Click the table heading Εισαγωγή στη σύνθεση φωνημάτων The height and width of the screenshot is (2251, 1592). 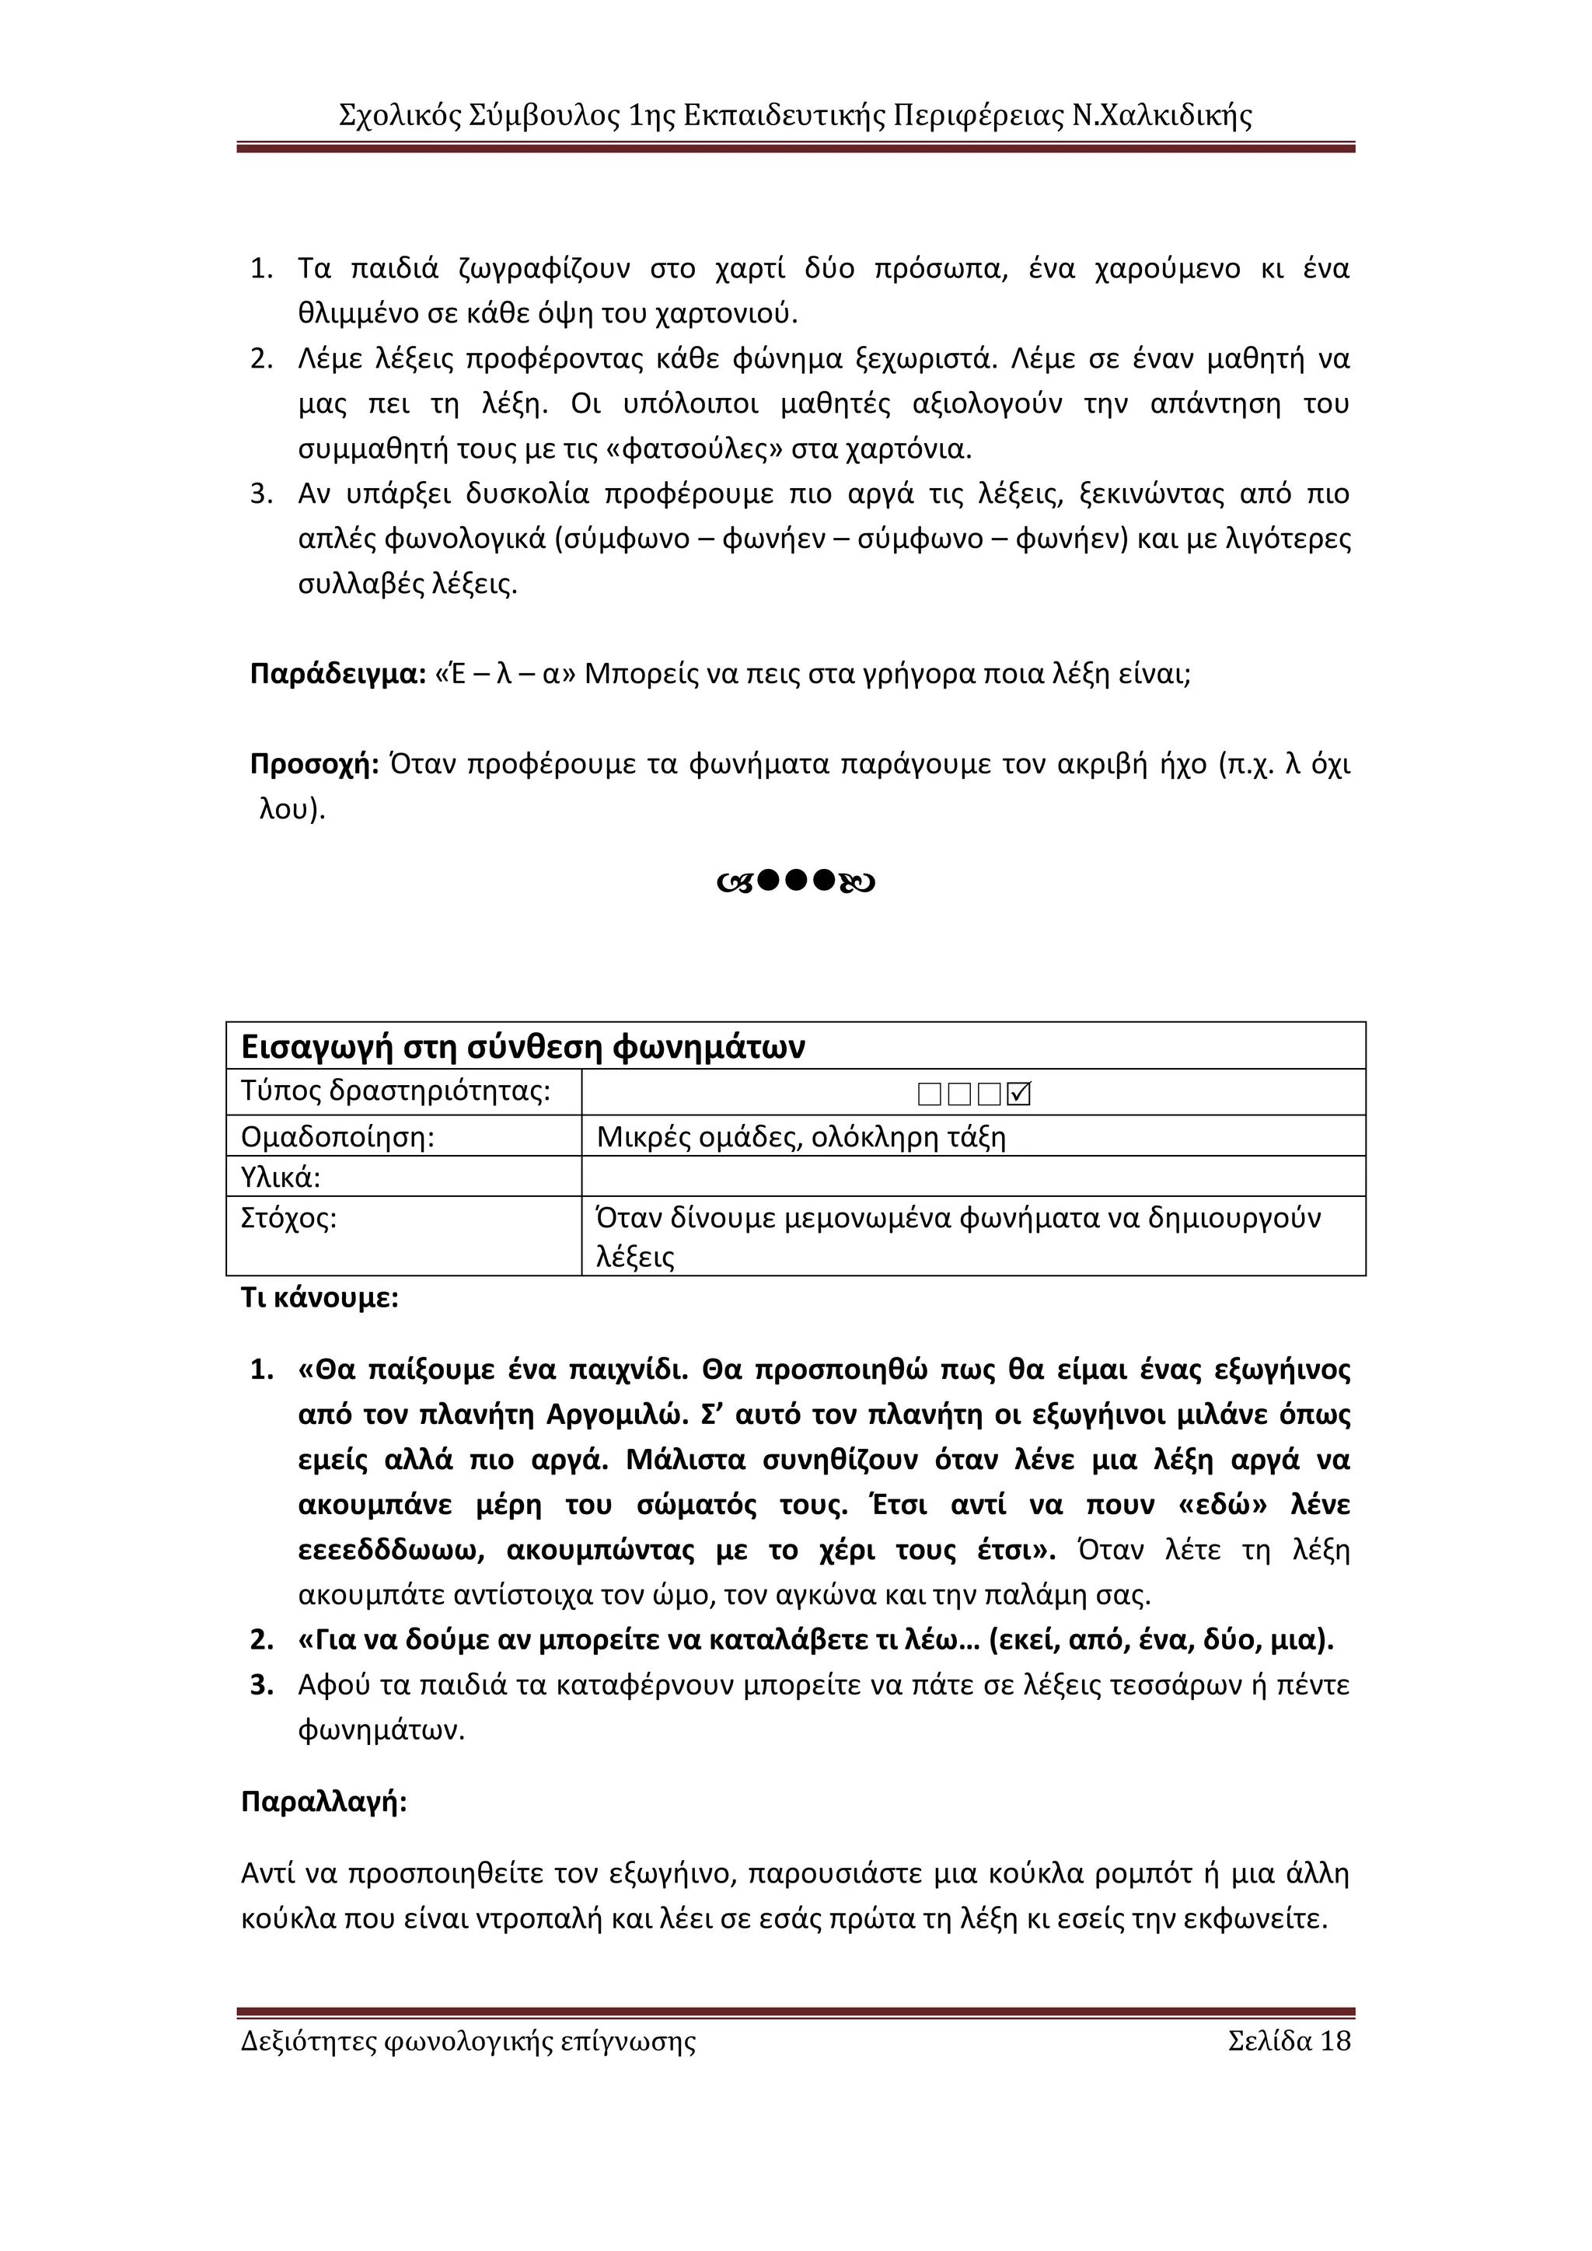click(x=522, y=1047)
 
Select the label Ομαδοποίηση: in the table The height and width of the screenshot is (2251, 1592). click(x=337, y=1137)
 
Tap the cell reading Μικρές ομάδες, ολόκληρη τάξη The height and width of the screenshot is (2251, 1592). click(x=801, y=1137)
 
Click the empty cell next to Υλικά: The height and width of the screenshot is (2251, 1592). click(x=972, y=1177)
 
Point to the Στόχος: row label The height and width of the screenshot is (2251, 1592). click(x=288, y=1218)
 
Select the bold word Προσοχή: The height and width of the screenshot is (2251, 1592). click(x=314, y=764)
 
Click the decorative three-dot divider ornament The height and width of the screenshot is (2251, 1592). click(x=796, y=881)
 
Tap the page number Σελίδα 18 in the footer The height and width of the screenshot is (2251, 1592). click(x=1288, y=2041)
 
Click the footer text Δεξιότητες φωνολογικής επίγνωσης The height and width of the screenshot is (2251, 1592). click(x=468, y=2041)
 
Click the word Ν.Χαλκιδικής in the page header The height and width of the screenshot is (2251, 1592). click(x=1161, y=116)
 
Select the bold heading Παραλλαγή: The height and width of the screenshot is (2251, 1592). click(x=323, y=1802)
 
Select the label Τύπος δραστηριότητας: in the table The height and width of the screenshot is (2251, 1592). click(x=395, y=1091)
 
